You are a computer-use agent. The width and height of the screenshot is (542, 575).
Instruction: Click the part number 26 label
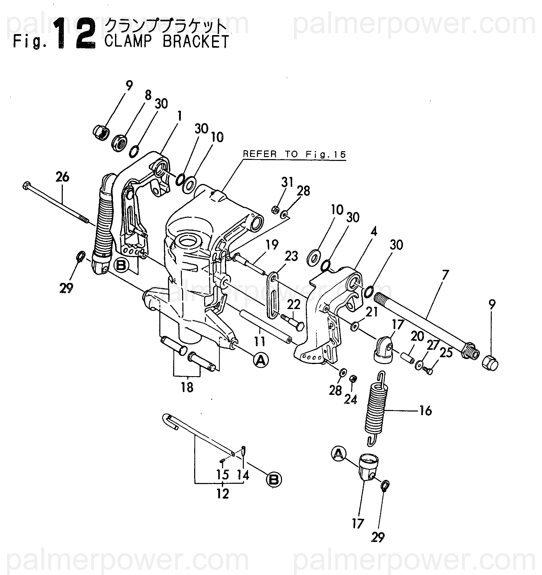[x=62, y=177]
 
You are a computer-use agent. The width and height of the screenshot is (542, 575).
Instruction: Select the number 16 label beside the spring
[x=425, y=411]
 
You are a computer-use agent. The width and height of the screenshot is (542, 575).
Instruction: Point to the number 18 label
[x=187, y=387]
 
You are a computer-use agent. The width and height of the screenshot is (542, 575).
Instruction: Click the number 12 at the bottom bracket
[x=223, y=494]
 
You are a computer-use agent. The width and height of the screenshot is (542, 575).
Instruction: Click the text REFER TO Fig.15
[x=294, y=155]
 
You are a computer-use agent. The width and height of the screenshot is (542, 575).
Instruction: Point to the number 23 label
[x=291, y=256]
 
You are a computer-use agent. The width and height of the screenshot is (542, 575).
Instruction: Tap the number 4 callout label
[x=374, y=231]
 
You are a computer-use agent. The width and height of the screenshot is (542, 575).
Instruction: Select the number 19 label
[x=272, y=245]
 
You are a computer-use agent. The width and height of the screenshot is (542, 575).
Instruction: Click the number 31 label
[x=287, y=182]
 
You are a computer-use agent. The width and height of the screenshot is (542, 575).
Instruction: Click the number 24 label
[x=350, y=400]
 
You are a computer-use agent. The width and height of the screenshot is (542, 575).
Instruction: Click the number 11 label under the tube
[x=259, y=342]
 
